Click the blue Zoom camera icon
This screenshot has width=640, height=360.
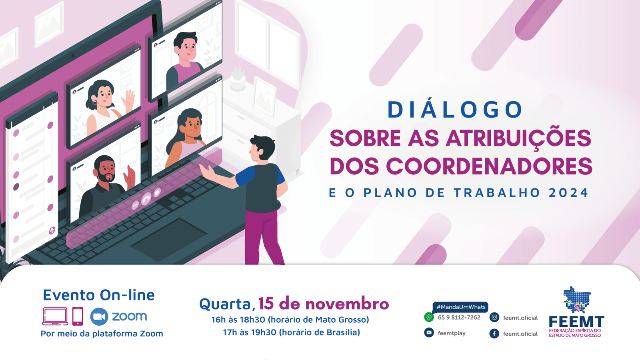pyautogui.click(x=99, y=316)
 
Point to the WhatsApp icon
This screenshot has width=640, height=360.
pyautogui.click(x=429, y=317)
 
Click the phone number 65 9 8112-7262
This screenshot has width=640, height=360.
pyautogui.click(x=459, y=318)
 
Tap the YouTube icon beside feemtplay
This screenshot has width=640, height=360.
pyautogui.click(x=429, y=332)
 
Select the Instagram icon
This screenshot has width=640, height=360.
pyautogui.click(x=494, y=318)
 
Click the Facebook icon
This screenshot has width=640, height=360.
pyautogui.click(x=494, y=334)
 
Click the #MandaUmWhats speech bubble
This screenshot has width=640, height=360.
pyautogui.click(x=460, y=307)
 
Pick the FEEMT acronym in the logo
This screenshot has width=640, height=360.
pyautogui.click(x=576, y=322)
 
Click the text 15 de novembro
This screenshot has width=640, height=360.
pyautogui.click(x=324, y=304)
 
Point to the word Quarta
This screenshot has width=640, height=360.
pyautogui.click(x=225, y=304)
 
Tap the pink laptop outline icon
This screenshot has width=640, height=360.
pyautogui.click(x=55, y=316)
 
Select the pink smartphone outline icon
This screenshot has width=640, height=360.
pyautogui.click(x=78, y=316)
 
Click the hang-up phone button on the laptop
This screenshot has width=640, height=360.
pyautogui.click(x=146, y=198)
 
